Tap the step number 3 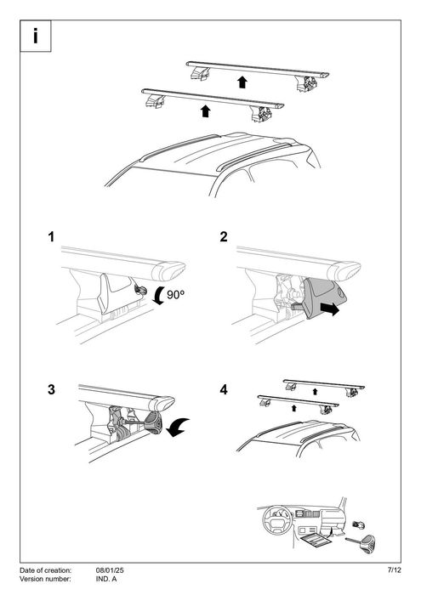click(x=53, y=390)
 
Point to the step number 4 click(x=224, y=390)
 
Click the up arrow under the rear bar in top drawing click(x=242, y=82)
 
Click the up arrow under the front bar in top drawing click(x=204, y=110)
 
